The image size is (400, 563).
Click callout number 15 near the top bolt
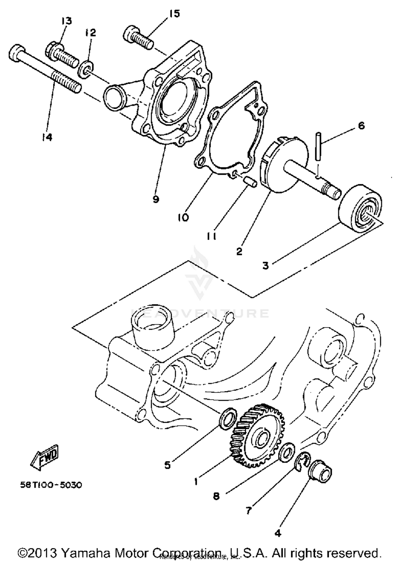point(175,13)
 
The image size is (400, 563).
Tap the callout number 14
point(47,137)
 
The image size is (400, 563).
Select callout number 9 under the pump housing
point(156,199)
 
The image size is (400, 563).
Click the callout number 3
point(265,266)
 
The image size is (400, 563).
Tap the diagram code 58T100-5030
point(51,485)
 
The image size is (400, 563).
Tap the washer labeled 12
point(86,70)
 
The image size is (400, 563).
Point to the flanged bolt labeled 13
point(62,54)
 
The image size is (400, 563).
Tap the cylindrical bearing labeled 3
point(360,208)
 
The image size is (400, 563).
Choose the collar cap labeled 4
point(321,472)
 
